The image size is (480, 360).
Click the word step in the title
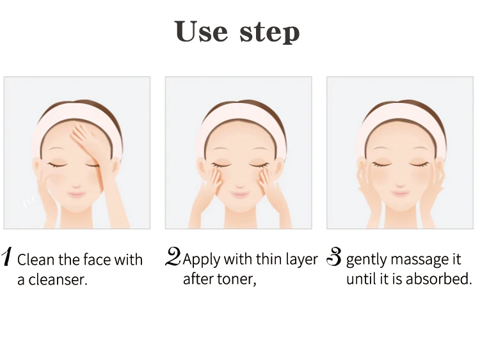point(269,33)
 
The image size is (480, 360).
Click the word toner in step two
point(233,279)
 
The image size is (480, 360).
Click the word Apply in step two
point(200,260)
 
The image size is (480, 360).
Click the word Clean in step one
point(36,260)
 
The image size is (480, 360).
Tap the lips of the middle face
point(237,194)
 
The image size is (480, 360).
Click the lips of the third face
point(400,192)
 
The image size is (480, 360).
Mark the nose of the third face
point(400,179)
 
